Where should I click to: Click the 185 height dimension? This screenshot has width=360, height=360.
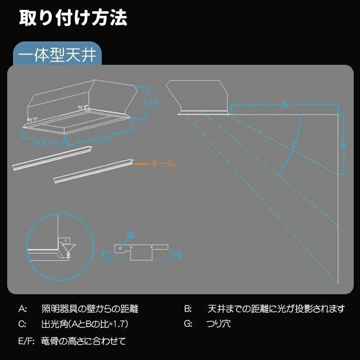150,103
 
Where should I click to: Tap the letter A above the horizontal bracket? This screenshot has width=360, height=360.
284,105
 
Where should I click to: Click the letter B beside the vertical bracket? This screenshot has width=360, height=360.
342,145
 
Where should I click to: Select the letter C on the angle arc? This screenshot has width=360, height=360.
294,145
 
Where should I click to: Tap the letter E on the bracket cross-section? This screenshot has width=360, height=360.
178,255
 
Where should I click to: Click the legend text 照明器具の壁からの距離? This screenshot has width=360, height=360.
90,309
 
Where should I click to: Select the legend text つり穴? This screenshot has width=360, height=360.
218,324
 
